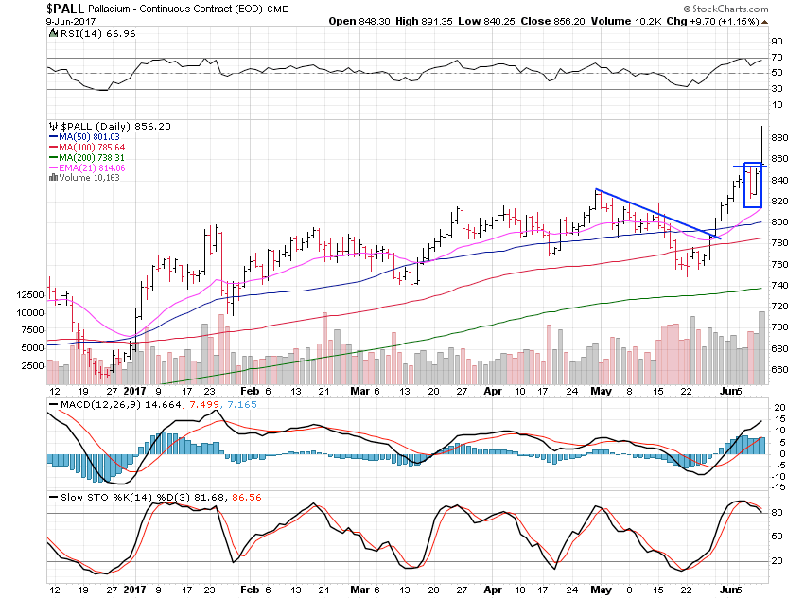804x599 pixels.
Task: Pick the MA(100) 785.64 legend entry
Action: [x=90, y=147]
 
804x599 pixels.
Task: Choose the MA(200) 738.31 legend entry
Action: [x=90, y=157]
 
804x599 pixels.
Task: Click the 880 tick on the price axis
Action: [x=779, y=137]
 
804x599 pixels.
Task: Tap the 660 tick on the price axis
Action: [x=779, y=370]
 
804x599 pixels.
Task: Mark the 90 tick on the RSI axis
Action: [x=776, y=42]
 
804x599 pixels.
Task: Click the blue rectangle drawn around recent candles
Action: [x=753, y=185]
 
